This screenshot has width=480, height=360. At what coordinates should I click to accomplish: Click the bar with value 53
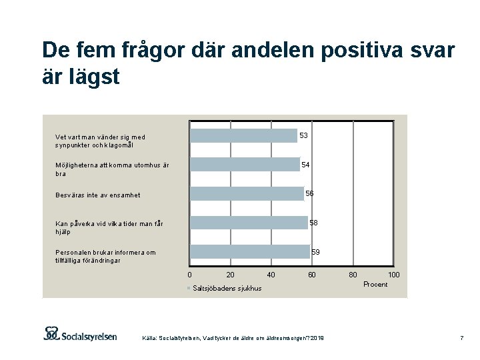243,135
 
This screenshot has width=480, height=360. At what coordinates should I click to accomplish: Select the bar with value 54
245,165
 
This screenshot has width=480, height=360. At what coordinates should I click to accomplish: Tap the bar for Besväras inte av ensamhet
247,193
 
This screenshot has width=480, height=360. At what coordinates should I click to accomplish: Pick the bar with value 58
249,222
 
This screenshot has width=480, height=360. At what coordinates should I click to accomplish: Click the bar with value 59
250,251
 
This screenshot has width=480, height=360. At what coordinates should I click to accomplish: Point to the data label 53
303,135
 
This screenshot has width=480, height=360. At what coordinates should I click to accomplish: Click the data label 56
309,193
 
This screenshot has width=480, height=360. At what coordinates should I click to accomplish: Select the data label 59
316,252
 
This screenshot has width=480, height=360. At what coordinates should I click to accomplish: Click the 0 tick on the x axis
190,274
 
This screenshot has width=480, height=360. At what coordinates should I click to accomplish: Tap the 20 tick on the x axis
231,274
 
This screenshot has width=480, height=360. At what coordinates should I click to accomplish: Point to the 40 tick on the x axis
271,274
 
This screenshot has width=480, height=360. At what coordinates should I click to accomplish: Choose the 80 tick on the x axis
353,274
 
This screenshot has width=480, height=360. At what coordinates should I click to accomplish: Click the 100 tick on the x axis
394,274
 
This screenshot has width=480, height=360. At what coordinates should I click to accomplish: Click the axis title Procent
375,285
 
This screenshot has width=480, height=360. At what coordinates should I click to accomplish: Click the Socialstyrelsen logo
80,333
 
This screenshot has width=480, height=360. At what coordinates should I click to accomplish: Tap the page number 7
461,339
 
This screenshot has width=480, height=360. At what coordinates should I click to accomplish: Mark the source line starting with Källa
233,339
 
